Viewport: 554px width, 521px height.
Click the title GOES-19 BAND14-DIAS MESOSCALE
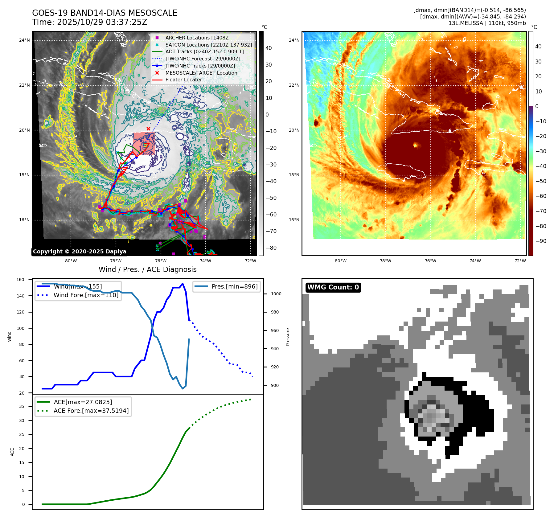point(105,13)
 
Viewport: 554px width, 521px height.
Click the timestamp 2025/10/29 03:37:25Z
point(102,23)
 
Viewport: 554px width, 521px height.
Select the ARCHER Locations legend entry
point(198,38)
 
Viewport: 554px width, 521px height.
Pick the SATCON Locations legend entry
point(208,45)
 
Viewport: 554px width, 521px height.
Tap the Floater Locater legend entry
point(183,80)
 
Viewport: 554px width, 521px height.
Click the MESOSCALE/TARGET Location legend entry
point(201,73)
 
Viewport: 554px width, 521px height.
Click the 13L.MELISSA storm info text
point(487,23)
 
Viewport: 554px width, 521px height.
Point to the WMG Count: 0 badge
point(333,287)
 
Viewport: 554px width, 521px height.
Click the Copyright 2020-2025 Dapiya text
point(80,252)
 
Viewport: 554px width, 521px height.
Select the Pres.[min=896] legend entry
point(234,286)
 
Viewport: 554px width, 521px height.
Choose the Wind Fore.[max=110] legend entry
point(86,295)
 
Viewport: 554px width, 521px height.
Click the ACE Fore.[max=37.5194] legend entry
point(91,411)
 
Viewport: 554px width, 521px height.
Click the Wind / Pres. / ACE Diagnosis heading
point(147,269)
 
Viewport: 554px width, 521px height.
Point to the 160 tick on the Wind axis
point(20,280)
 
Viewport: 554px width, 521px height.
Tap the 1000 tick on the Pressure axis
point(276,294)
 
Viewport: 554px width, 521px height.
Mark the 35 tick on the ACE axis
point(22,406)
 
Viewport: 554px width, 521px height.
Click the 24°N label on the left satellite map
point(24,40)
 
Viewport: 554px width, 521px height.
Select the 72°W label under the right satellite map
point(520,261)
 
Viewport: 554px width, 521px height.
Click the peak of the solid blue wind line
point(183,284)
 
